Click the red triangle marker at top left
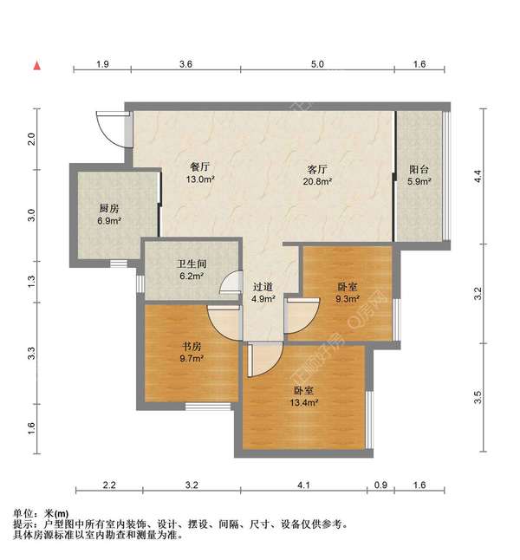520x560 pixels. pyautogui.click(x=36, y=64)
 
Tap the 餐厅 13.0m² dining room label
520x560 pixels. pyautogui.click(x=200, y=173)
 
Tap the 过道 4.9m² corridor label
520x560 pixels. pyautogui.click(x=263, y=293)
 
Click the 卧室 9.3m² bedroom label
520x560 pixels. pyautogui.click(x=347, y=293)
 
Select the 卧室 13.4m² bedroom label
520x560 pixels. pyautogui.click(x=304, y=396)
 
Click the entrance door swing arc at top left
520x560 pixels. pyautogui.click(x=111, y=129)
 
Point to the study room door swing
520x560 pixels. pyautogui.click(x=223, y=322)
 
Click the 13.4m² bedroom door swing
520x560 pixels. pyautogui.click(x=262, y=359)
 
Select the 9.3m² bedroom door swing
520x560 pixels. pyautogui.click(x=300, y=316)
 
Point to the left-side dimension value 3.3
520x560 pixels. pyautogui.click(x=31, y=353)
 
